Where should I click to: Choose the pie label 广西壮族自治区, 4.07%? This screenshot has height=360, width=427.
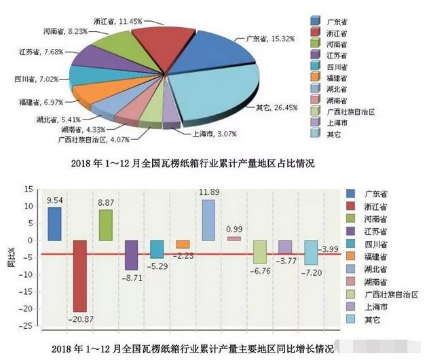82,140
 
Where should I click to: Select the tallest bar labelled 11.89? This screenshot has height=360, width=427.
208,219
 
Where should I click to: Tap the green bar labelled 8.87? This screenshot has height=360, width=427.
105,225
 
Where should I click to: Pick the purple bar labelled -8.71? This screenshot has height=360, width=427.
131,255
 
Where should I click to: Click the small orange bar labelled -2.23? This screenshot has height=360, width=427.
183,245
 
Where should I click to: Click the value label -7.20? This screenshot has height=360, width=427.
312,271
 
